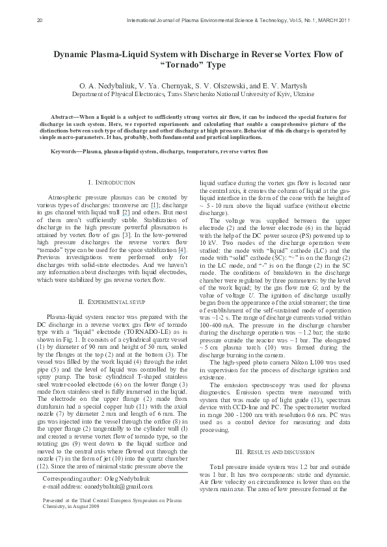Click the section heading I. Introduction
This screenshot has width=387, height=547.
pyautogui.click(x=111, y=183)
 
